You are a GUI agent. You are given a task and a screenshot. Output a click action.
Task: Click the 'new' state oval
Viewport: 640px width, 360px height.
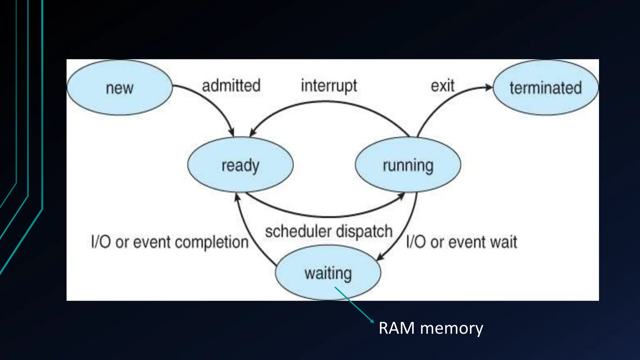pos(119,88)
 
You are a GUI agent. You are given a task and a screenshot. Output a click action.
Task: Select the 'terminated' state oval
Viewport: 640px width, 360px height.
pos(546,88)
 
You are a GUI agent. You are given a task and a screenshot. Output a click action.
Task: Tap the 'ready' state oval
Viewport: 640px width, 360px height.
pos(240,165)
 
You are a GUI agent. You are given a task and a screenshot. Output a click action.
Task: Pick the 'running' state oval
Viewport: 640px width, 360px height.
pos(408,165)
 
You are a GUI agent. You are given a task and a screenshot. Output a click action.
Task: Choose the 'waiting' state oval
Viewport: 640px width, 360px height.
pos(328,273)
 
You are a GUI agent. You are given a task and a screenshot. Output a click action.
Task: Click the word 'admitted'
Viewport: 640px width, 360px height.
pos(231,86)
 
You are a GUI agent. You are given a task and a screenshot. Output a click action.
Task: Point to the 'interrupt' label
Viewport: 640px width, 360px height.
pos(329,86)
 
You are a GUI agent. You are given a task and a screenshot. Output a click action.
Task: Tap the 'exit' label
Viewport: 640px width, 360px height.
pos(442,86)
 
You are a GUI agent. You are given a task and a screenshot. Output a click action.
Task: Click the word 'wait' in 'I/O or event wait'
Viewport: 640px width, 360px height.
pos(503,242)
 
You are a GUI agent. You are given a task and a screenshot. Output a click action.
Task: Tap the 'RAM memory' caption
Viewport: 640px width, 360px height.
pos(431,328)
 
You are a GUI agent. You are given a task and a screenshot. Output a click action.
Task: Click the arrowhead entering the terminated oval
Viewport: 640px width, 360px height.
pos(488,87)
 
